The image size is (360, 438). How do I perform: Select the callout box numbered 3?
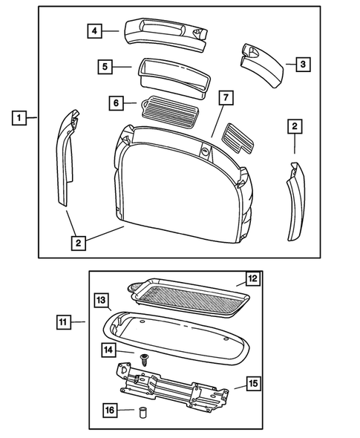(x=302, y=65)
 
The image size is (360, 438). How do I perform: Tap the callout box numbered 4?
(x=94, y=31)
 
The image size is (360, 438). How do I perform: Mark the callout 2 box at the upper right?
(x=295, y=128)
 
